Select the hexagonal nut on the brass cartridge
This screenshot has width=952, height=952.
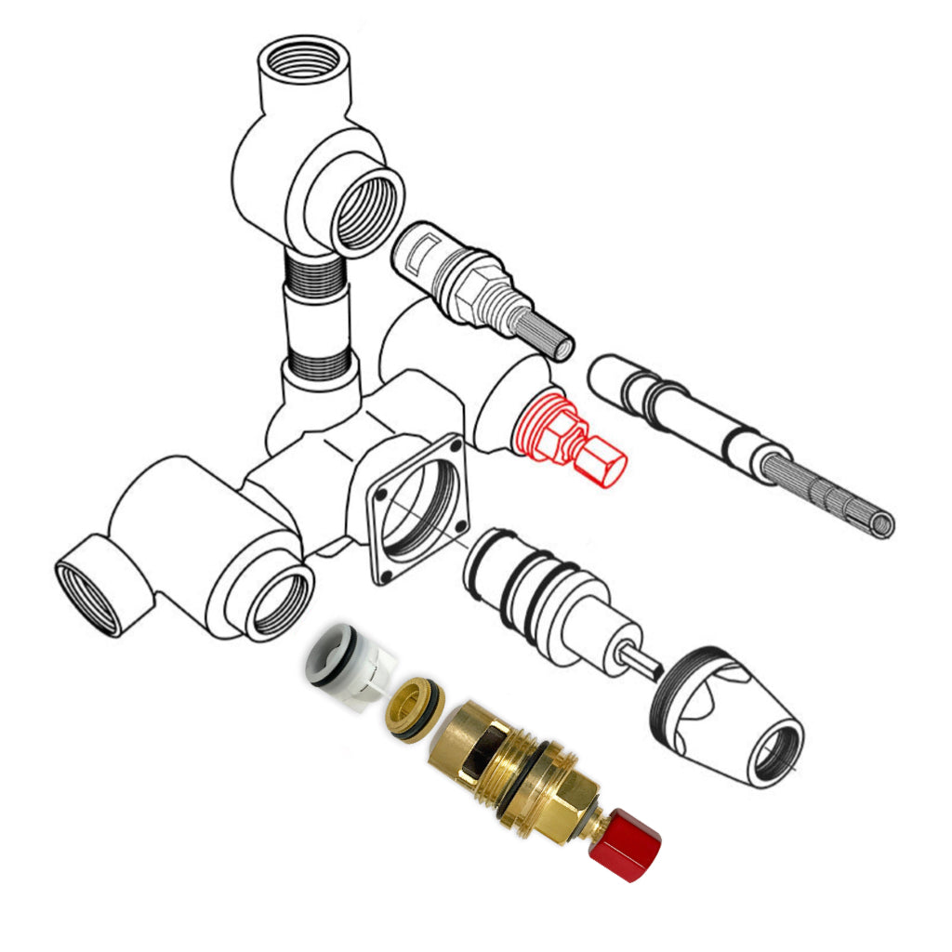coord(557,806)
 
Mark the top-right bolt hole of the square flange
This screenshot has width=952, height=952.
coord(454,447)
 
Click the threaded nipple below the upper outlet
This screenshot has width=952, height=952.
coord(317,315)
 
